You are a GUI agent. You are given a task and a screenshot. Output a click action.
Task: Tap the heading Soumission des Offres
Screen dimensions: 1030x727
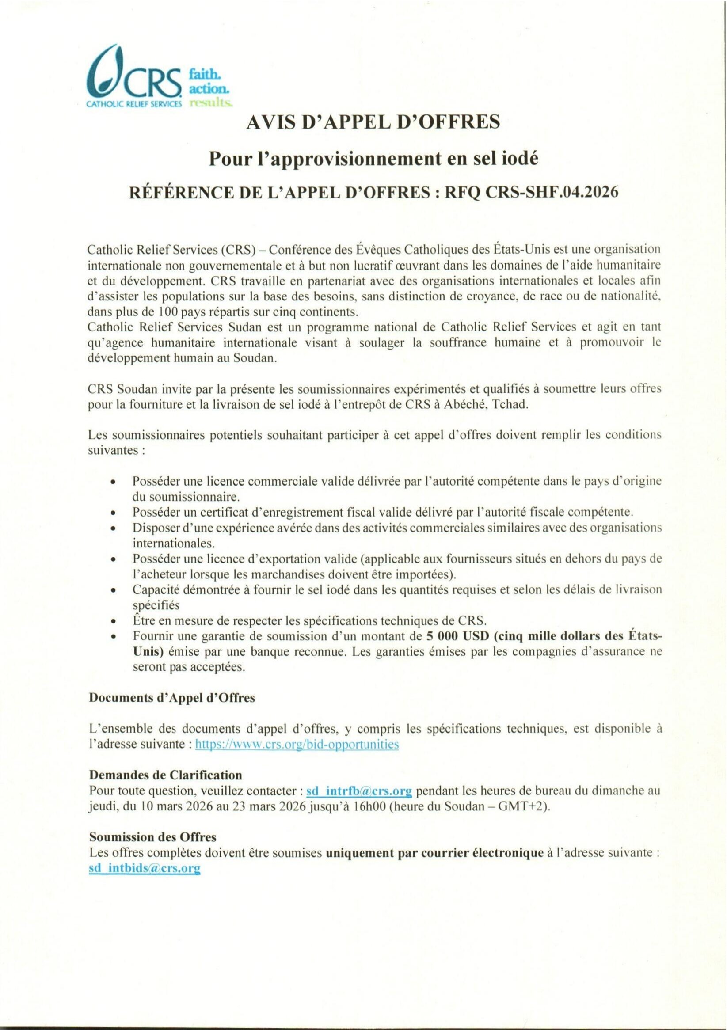click(x=153, y=836)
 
